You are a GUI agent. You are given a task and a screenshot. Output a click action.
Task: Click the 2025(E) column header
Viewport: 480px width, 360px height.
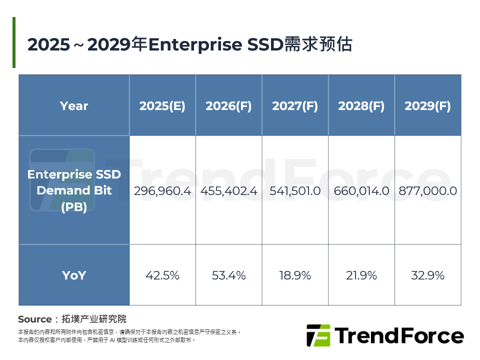pos(162,106)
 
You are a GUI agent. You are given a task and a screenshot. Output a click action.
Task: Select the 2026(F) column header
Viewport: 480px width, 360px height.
pos(228,106)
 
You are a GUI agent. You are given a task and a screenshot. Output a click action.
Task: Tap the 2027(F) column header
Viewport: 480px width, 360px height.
pos(295,106)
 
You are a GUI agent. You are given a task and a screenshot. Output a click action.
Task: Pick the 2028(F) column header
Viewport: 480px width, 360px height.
pos(361,106)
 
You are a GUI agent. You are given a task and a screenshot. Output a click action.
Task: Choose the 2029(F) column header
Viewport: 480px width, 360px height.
pos(427,106)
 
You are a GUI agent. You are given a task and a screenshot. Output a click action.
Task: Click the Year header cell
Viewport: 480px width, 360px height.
pos(74,106)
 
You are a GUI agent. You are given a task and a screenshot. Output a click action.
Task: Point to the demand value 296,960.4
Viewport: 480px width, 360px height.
pos(162,191)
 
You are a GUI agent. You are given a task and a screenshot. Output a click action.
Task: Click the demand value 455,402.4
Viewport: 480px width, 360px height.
pos(228,191)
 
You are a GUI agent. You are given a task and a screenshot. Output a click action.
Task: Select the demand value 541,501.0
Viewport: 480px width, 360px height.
pos(295,191)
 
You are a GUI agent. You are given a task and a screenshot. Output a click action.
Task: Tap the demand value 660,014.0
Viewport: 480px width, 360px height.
pos(361,191)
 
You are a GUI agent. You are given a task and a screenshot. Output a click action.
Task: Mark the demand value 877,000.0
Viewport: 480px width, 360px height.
pos(427,191)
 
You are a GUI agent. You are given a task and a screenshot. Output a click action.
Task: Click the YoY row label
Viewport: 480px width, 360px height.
pos(74,275)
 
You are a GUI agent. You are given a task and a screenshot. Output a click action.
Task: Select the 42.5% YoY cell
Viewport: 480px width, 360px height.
pos(162,275)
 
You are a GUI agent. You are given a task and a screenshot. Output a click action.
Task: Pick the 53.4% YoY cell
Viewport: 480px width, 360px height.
pos(228,275)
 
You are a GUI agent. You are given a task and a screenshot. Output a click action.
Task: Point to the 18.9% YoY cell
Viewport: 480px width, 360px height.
pos(295,275)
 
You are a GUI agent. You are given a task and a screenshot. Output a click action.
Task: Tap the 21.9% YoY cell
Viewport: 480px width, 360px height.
pos(361,275)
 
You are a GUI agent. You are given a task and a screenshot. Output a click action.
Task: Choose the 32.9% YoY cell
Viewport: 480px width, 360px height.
pos(427,275)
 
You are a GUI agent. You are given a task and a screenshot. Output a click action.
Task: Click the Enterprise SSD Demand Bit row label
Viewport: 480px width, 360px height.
pos(74,190)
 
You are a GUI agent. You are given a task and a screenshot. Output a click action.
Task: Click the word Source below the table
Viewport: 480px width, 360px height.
pos(34,319)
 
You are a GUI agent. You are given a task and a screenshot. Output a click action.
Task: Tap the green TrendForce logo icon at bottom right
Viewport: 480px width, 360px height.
pos(318,335)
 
